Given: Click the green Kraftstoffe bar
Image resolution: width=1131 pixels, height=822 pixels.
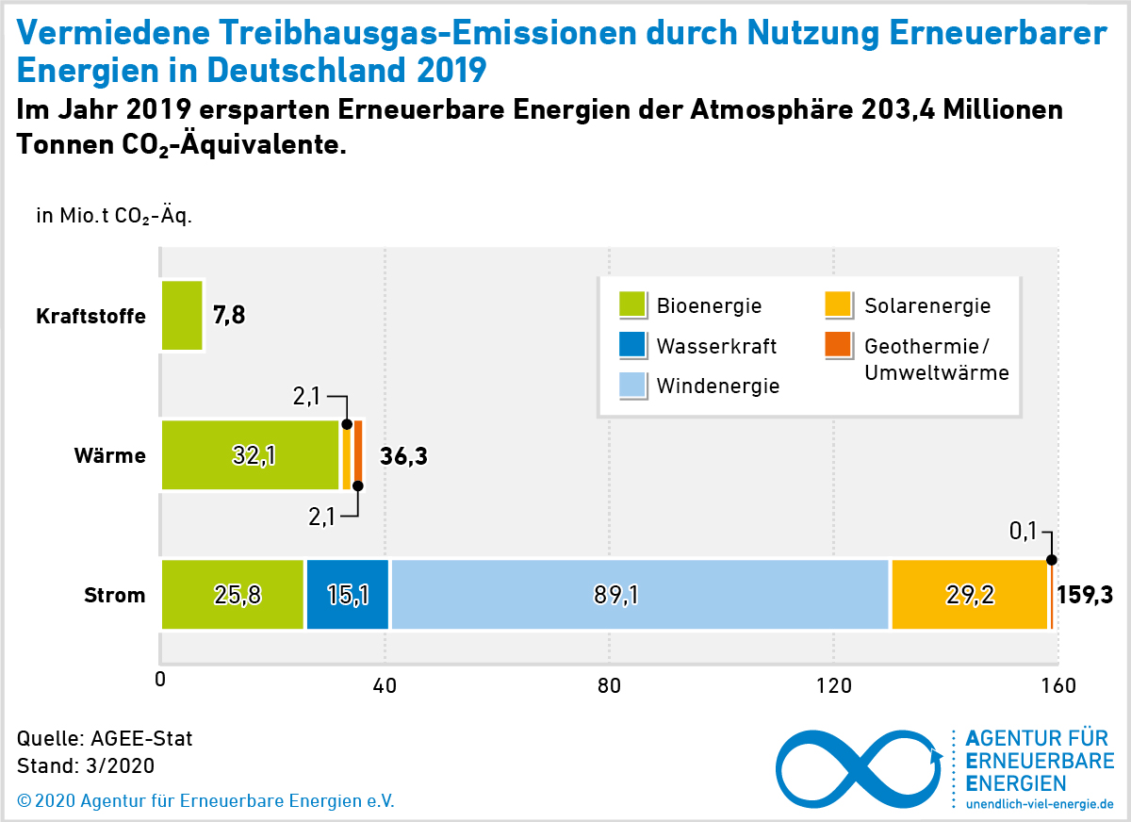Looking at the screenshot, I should [x=182, y=315].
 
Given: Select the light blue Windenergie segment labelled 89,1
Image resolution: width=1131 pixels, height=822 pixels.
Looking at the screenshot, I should [x=639, y=594].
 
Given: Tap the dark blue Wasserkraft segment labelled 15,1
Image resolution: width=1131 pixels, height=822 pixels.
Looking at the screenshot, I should [x=347, y=594].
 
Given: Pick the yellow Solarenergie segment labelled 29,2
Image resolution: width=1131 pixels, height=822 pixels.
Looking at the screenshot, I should [x=969, y=594].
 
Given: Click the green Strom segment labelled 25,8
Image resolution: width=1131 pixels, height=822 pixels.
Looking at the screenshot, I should [x=233, y=594].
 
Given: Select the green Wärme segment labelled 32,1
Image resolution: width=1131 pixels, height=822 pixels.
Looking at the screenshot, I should [x=250, y=455].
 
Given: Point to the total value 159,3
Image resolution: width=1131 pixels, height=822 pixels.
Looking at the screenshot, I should [x=1085, y=595].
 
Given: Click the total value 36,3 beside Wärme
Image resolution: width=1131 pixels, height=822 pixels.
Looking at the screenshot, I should [x=403, y=457].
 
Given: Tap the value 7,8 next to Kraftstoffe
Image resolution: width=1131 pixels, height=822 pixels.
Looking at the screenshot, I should [x=229, y=315].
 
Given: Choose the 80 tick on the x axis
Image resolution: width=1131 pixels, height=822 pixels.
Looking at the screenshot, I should [x=609, y=685].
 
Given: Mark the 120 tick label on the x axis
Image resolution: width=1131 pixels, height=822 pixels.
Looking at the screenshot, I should [x=833, y=685].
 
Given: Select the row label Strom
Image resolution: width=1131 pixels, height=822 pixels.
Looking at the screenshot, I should [x=115, y=596].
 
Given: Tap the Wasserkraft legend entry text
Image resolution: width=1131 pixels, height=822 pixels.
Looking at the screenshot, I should [x=716, y=346].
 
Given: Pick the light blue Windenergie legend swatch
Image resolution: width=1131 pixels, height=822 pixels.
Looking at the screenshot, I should [x=632, y=385].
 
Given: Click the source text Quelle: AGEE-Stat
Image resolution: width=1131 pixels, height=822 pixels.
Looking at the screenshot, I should [x=105, y=738].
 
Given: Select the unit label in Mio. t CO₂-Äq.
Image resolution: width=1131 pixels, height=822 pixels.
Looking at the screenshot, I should [x=114, y=216].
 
